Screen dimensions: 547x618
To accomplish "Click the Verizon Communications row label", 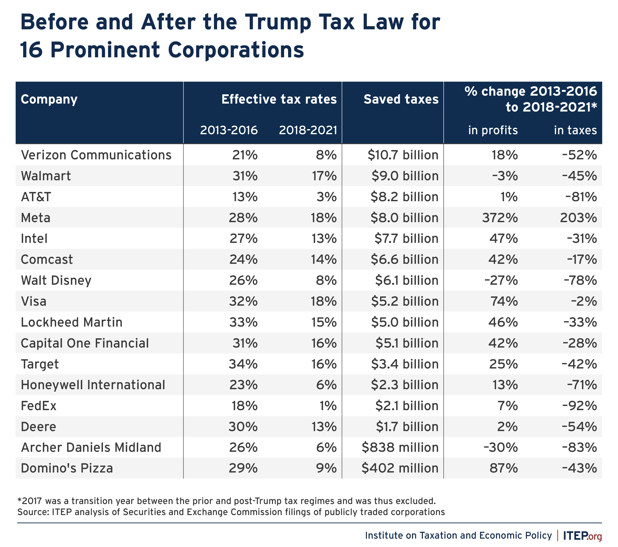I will pos(96,155).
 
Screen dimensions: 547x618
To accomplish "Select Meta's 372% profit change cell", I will pos(500,218).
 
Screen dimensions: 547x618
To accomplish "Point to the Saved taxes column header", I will pos(401,99).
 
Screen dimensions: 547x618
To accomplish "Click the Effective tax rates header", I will pos(279,99).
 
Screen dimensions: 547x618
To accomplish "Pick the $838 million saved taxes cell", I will pos(400,447).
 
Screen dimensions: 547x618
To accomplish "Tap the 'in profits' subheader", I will pos(493,130).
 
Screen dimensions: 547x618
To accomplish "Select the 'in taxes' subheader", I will pos(575,130).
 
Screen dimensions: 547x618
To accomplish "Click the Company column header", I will pos(49,99).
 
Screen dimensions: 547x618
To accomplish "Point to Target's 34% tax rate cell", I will pos(243,364).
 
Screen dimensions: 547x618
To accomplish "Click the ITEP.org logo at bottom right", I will pos(582,536).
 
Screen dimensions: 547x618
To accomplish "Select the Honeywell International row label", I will pos(93,385).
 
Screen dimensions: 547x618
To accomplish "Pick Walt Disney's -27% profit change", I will pos(501,280).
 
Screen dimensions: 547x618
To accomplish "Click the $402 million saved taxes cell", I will pos(400,468).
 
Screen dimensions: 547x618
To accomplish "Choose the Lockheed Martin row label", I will pos(72,322).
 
